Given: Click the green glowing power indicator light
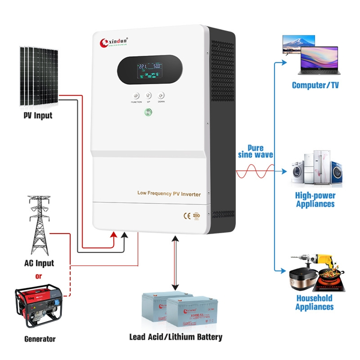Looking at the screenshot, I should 148,113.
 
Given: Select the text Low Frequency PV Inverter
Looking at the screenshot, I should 169,193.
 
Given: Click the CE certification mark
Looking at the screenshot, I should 186,216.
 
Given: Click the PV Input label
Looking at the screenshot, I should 38,115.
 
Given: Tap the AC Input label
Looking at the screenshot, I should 39,263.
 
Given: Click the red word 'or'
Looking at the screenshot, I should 39,276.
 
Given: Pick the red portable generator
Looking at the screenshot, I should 39,306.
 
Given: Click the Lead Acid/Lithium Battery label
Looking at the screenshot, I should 176,337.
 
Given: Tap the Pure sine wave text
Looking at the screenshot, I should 256,151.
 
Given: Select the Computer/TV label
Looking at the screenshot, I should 315,85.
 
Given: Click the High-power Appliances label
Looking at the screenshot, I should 315,200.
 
